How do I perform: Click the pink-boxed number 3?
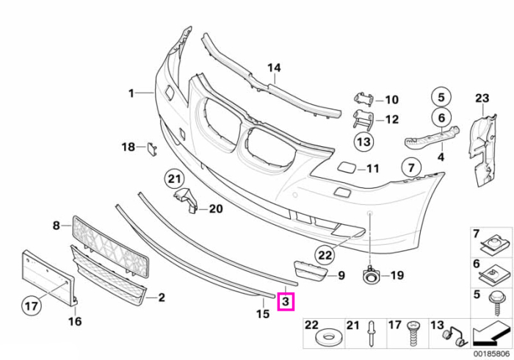pos(286,301)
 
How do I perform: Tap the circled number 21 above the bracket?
pos(175,179)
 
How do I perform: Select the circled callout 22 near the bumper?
pos(325,255)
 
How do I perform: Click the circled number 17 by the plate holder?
pos(32,306)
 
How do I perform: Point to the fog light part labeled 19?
pos(370,276)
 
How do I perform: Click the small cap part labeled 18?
pos(152,149)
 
